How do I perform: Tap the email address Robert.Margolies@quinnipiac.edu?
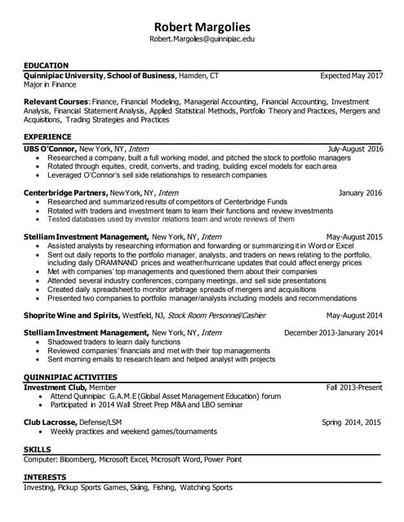(202, 38)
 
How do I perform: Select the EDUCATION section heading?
(47, 65)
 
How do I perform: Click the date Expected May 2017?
(351, 75)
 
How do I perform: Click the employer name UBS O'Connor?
(51, 149)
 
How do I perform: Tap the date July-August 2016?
(354, 149)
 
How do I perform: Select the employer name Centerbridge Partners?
(66, 193)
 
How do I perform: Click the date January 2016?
(360, 193)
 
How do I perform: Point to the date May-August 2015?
(354, 237)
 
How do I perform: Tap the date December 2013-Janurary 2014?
(333, 333)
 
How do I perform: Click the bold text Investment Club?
(55, 386)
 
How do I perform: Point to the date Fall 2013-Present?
(354, 386)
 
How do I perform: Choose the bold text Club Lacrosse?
(51, 422)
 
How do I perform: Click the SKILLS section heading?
(38, 449)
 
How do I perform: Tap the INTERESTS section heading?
(46, 476)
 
